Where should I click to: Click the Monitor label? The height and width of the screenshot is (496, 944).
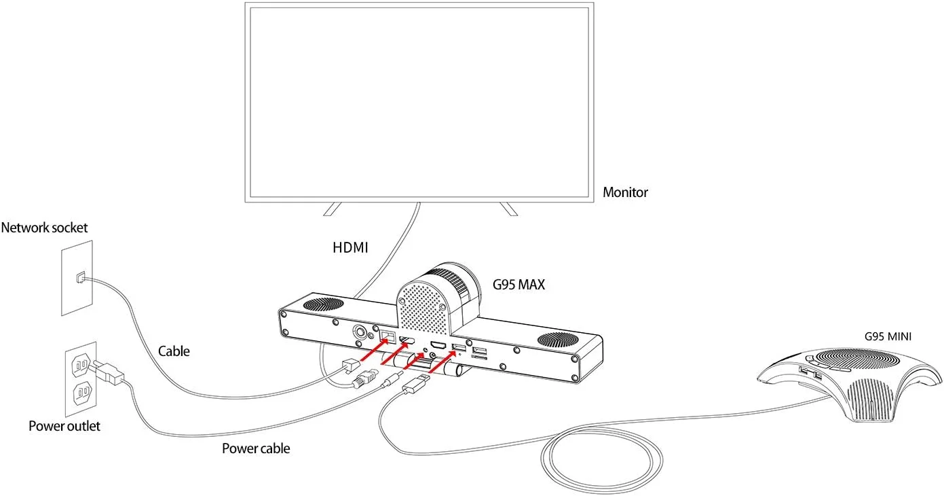tap(625, 192)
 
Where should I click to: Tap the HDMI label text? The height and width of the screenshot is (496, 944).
tap(350, 248)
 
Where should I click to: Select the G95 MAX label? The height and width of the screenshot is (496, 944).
tap(518, 285)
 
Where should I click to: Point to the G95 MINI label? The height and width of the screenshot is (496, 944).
tap(888, 336)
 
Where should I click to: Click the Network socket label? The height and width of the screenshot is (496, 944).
tap(45, 228)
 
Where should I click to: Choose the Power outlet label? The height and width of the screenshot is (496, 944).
tap(64, 426)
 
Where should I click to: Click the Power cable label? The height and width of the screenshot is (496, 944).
tap(256, 448)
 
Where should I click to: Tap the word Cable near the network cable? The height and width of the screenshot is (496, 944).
tap(174, 351)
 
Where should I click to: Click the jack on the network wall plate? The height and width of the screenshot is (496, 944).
tap(81, 277)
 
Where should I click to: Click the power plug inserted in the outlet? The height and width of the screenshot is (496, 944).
tap(109, 372)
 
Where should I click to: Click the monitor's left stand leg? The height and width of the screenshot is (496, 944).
tap(332, 208)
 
